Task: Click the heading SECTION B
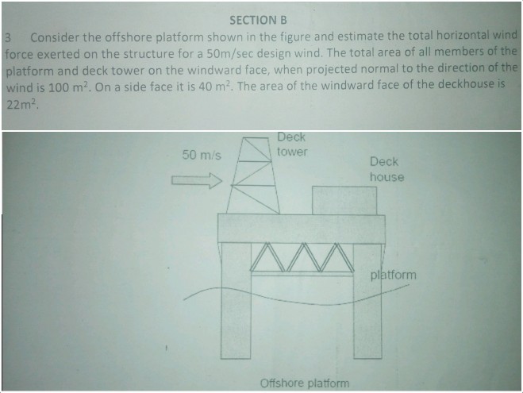(x=258, y=19)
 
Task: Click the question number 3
(x=7, y=38)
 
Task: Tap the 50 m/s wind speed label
(x=201, y=153)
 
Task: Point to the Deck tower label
(x=291, y=144)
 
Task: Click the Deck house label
(x=386, y=169)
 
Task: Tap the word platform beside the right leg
(x=393, y=275)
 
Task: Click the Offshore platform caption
(x=304, y=383)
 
